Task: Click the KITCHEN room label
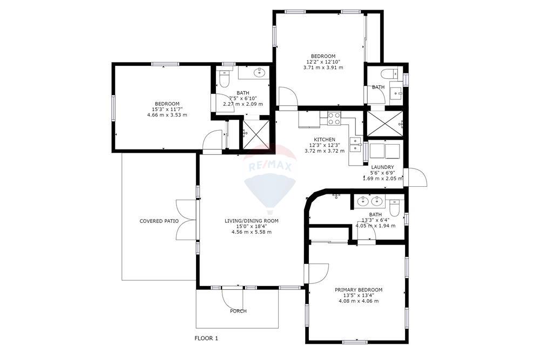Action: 325,139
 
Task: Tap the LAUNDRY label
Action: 382,167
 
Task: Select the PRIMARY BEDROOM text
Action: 359,290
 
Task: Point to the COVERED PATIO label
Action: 159,221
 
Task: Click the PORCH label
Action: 238,311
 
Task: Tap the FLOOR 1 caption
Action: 206,338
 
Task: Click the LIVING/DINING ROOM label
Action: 252,221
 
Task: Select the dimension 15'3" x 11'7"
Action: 167,110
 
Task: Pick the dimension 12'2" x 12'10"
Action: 323,62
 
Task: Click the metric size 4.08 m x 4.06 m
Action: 359,301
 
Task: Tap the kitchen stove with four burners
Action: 334,118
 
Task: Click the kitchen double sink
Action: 354,144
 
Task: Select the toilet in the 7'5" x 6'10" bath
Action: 224,79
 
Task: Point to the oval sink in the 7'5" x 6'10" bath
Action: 259,73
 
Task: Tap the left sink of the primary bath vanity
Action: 363,201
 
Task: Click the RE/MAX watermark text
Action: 270,167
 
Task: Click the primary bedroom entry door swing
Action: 318,273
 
